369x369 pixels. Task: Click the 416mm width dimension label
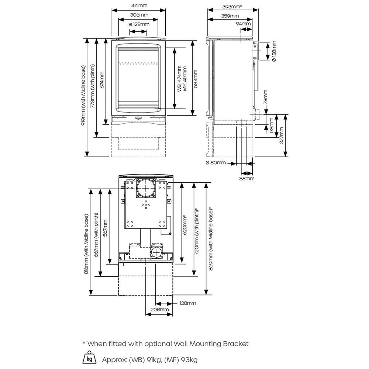(138, 6)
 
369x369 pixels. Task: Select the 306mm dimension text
(138, 15)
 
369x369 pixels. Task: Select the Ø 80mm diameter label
(216, 163)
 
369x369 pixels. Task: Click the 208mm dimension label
(159, 309)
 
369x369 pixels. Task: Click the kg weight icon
(89, 358)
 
